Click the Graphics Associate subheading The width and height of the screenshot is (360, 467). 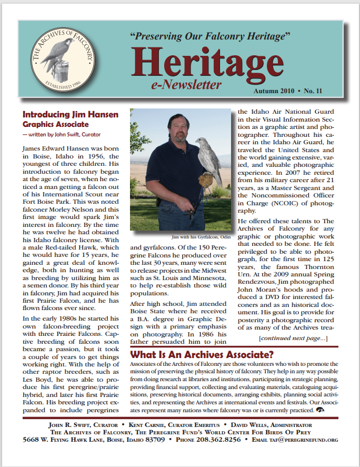point(56,124)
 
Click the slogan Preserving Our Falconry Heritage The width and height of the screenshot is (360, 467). point(210,37)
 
